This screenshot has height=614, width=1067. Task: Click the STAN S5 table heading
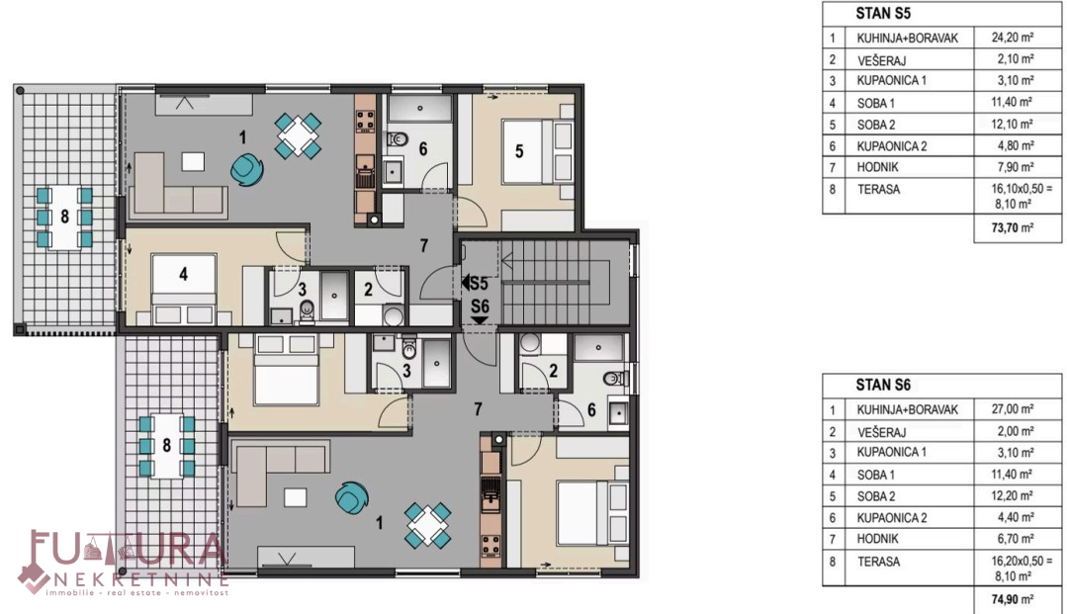[883, 13]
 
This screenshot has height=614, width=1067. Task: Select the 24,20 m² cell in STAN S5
[1012, 38]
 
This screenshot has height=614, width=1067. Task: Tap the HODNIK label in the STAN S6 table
[878, 539]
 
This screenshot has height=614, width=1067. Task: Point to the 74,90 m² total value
[1012, 599]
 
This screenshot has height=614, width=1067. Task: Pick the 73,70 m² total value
[1012, 227]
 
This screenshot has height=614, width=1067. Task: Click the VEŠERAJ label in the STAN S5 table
[881, 60]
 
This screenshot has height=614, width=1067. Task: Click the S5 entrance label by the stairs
[475, 283]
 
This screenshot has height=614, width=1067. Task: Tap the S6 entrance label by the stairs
[480, 307]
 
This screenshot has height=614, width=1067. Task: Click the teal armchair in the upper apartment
[245, 169]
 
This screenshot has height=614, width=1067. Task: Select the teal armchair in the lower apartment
[352, 497]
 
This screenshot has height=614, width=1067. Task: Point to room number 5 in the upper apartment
[519, 151]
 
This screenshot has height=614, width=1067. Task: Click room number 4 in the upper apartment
[183, 274]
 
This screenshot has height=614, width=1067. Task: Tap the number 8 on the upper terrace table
[64, 218]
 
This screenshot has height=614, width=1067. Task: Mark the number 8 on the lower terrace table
[167, 446]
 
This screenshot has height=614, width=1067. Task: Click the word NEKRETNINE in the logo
[140, 580]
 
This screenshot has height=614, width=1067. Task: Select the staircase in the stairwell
[555, 282]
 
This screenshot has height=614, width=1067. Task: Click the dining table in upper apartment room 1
[298, 136]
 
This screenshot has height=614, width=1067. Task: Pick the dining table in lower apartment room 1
[427, 525]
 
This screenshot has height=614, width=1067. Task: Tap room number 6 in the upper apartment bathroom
[423, 149]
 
